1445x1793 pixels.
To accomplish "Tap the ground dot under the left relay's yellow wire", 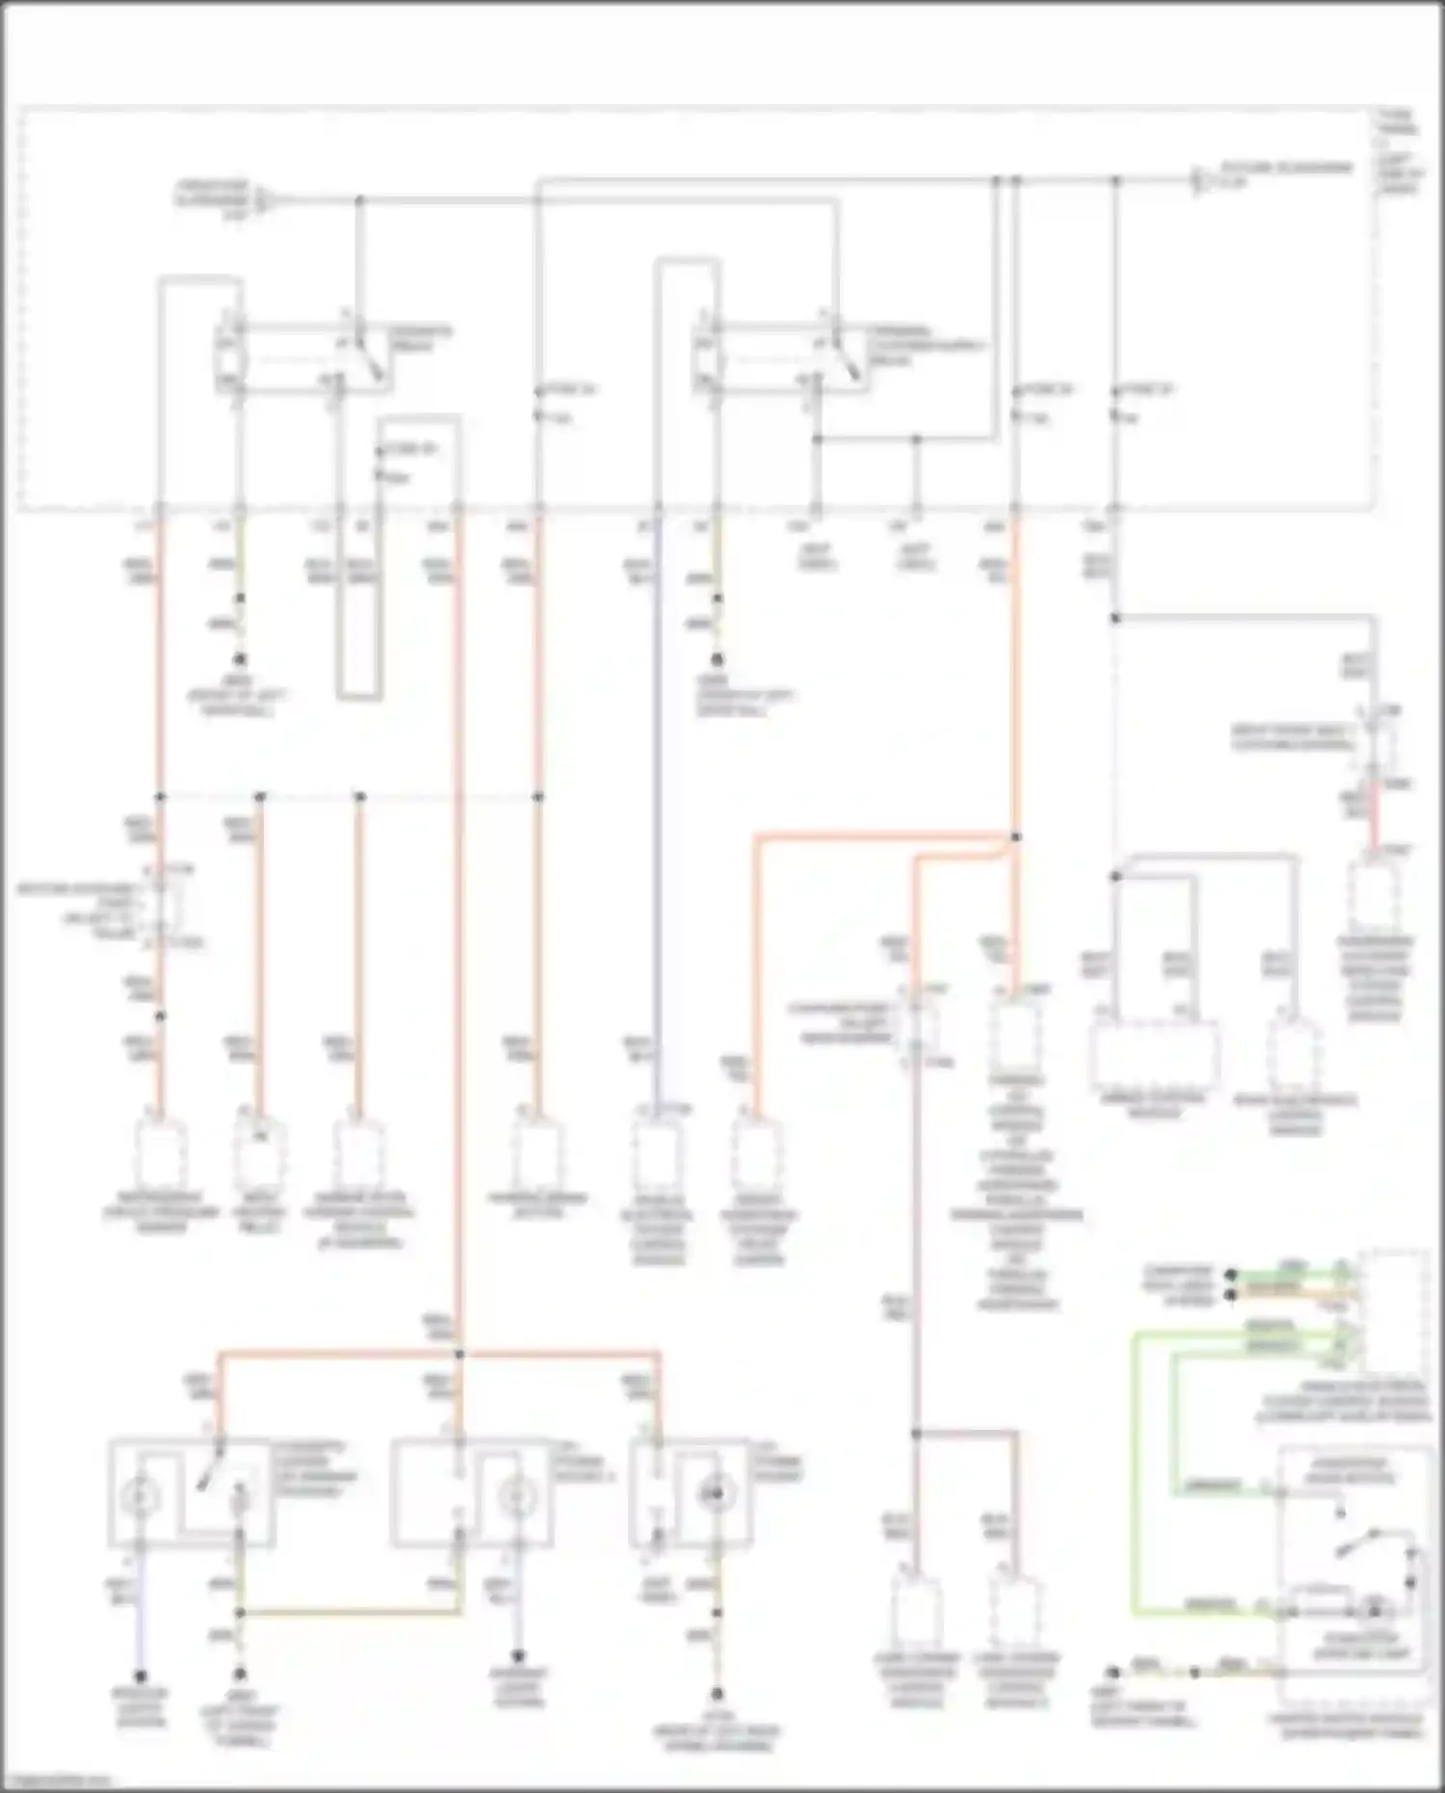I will click(x=240, y=659).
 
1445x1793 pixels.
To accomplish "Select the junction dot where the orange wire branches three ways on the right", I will click(x=1015, y=837).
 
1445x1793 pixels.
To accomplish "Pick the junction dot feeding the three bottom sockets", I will click(x=460, y=1355).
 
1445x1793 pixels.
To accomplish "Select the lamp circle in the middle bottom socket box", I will click(x=515, y=1496).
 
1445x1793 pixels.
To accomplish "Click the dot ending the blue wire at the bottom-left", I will click(x=141, y=1676).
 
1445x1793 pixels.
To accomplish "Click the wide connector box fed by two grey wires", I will click(x=1154, y=1055).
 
